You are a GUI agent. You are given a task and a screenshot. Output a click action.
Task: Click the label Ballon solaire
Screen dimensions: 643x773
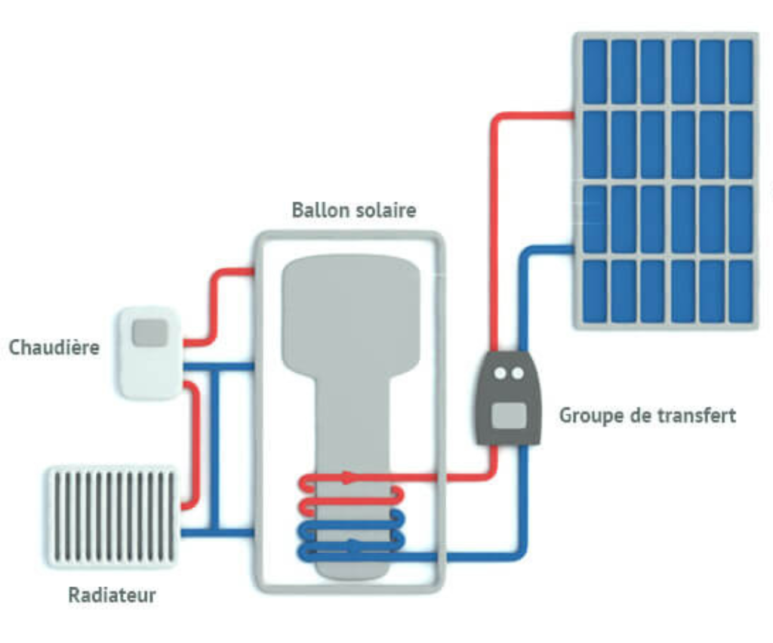point(353,210)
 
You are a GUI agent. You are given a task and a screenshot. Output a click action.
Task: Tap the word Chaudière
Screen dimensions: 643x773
point(54,348)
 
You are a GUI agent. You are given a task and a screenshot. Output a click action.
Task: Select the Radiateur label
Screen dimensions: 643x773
point(112,595)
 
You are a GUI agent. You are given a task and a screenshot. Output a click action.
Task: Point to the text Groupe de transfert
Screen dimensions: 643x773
point(647,415)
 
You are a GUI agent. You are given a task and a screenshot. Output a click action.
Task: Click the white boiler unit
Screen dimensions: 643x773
point(150,353)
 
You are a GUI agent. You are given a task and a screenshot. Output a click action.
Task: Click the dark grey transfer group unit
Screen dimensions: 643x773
point(508,398)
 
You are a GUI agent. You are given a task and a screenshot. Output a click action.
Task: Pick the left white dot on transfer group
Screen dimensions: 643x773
point(499,373)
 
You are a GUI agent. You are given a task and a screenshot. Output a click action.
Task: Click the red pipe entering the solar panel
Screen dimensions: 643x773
point(536,115)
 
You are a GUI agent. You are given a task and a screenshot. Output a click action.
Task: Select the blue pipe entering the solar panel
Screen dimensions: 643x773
point(547,250)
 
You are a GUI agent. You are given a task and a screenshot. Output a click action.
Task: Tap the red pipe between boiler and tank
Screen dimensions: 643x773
point(215,302)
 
